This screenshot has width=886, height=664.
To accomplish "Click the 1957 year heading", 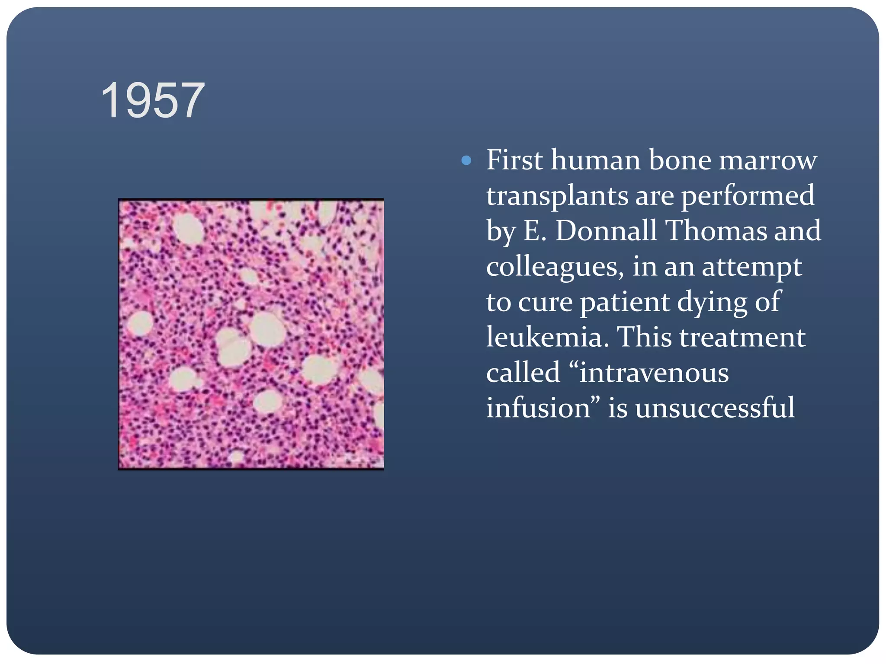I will click(153, 101).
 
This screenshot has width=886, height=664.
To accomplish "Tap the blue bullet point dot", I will click(466, 161).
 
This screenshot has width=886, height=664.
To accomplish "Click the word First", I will click(514, 160).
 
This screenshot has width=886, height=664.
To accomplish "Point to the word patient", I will click(625, 303).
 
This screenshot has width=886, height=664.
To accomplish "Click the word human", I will click(595, 160).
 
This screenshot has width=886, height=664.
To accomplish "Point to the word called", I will click(523, 373).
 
